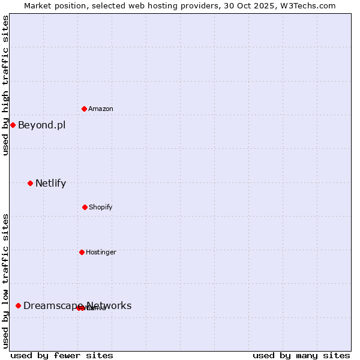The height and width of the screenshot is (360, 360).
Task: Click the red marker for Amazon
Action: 84,109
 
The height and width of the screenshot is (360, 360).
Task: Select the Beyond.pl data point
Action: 13,125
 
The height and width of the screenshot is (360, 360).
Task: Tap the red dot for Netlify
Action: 30,183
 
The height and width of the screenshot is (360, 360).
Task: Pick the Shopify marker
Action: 85,207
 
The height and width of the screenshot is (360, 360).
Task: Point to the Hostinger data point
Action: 82,252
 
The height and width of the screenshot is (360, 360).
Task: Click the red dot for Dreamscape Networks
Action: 18,305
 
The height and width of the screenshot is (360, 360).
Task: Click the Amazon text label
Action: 101,109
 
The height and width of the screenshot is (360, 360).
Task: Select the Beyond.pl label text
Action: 41,125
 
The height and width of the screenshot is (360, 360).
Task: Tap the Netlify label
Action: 50,184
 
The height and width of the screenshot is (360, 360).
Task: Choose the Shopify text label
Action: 101,208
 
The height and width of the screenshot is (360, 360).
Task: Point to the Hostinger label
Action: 101,253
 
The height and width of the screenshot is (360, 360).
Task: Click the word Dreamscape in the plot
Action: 53,306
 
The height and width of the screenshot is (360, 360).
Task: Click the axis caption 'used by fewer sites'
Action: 62,355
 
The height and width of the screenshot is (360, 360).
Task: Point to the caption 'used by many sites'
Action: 301,355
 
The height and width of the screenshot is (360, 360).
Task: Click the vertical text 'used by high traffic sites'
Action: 6,85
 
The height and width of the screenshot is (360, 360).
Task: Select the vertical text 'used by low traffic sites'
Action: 6,281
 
